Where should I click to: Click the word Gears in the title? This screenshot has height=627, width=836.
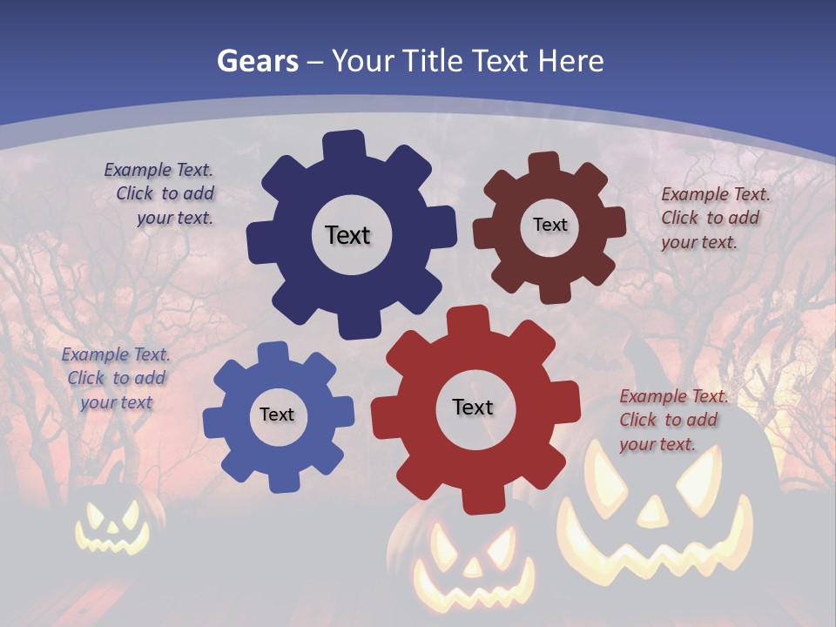[258, 61]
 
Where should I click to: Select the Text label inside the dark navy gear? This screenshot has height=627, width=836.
[347, 235]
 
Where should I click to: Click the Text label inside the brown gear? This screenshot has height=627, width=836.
[549, 225]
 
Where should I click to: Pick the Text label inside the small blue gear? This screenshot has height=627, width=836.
[277, 415]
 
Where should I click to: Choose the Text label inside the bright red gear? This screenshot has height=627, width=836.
[473, 407]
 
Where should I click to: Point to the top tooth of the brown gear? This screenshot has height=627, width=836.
[544, 165]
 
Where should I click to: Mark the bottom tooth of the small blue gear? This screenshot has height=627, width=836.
[281, 480]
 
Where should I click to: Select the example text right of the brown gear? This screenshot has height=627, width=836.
[714, 218]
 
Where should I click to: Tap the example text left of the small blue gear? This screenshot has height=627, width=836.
[116, 378]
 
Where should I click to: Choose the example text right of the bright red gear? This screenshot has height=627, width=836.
[672, 420]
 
